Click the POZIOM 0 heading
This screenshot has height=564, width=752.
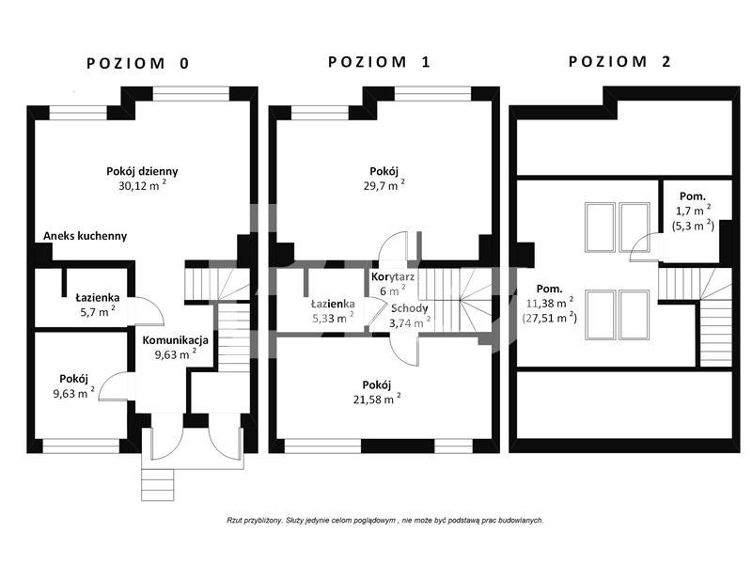[138, 63]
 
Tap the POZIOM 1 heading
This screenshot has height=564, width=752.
[380, 62]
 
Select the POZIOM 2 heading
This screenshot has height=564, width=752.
[619, 61]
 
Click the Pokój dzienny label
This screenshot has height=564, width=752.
[142, 171]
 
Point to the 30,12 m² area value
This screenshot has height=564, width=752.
[143, 185]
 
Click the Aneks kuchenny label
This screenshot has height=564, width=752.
[85, 236]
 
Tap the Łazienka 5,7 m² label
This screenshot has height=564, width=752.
[98, 305]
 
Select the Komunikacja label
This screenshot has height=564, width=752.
[176, 340]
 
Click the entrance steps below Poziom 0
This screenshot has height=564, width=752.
[157, 484]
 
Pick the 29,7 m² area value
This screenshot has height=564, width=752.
[384, 185]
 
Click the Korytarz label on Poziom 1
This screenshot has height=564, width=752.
[393, 276]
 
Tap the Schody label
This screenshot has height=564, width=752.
[410, 308]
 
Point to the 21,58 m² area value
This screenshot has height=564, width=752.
[377, 399]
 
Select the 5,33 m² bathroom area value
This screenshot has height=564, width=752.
[334, 318]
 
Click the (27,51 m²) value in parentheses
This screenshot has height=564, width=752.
[550, 318]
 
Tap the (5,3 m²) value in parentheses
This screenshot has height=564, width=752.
[693, 226]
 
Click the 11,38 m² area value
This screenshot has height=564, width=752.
[550, 303]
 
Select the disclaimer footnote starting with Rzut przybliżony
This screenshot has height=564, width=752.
[384, 520]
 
